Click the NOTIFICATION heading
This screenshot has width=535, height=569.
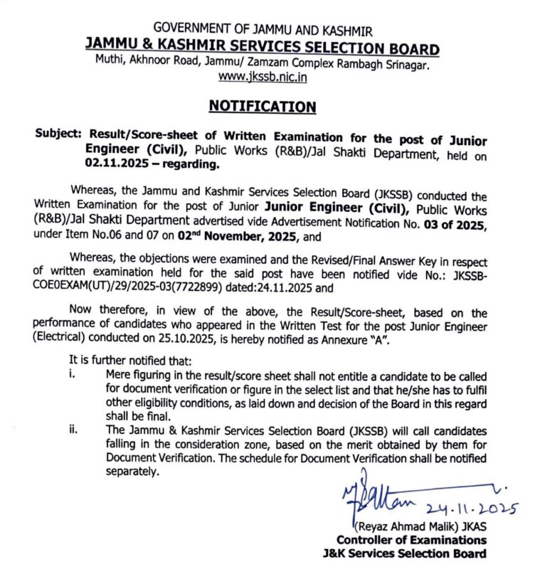click(262, 107)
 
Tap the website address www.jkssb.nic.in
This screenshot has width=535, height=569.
click(262, 77)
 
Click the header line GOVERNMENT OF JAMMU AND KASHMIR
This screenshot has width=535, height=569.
click(262, 31)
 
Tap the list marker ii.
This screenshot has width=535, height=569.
click(74, 432)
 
